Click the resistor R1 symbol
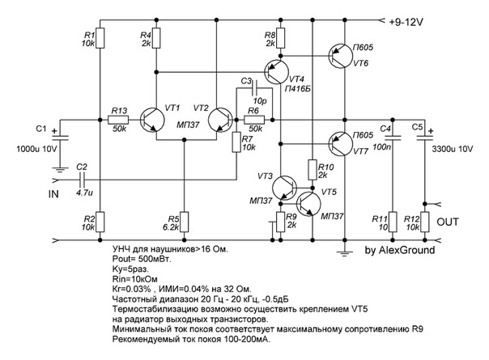pos(100,39)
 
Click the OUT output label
pos(448,220)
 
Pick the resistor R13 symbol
pos(118,121)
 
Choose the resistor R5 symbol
pos(185,221)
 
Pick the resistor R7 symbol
pos(236,143)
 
